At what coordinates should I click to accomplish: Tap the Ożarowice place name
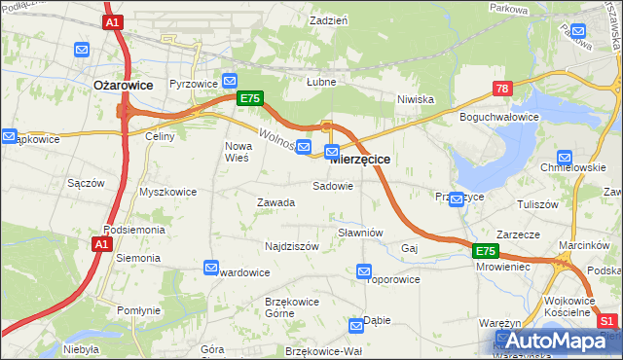click(123, 85)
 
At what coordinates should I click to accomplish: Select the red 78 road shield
click(502, 89)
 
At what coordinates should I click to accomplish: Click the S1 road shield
click(607, 321)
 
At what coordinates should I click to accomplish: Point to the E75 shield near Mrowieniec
click(488, 251)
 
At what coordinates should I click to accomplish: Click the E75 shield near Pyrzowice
click(249, 98)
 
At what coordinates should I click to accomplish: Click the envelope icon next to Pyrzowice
click(231, 81)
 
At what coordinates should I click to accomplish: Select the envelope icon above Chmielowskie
click(565, 158)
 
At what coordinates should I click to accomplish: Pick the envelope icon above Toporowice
click(364, 271)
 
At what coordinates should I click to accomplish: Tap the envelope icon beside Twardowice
click(211, 268)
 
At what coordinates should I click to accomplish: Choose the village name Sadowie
click(332, 185)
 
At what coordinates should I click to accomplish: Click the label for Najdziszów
click(292, 247)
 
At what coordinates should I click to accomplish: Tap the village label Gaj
click(409, 249)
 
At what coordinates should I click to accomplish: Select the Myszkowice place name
click(168, 192)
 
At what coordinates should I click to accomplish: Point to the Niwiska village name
click(415, 99)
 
